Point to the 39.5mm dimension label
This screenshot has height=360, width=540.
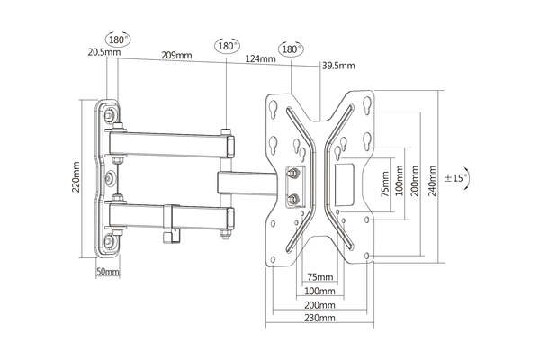pos(339,66)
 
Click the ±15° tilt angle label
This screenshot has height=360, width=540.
pos(455,179)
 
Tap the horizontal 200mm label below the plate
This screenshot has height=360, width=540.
pos(320,305)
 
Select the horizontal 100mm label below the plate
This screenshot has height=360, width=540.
pos(320,292)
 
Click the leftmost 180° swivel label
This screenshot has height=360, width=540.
pos(117,40)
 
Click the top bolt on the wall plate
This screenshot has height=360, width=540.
pos(109,117)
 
